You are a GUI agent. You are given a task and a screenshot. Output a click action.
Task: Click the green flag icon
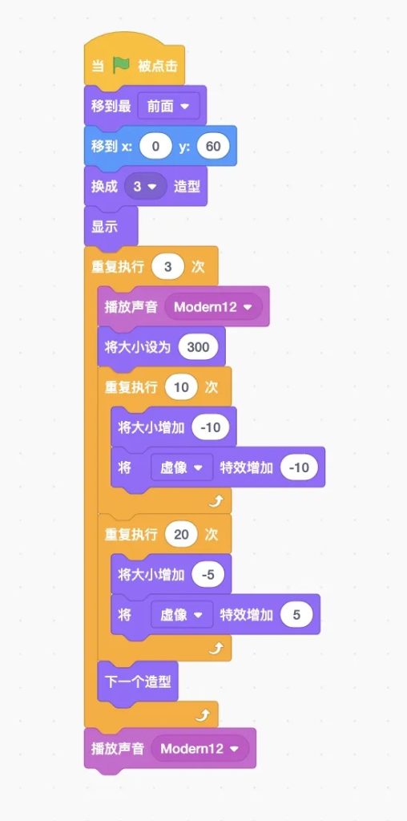pos(121,66)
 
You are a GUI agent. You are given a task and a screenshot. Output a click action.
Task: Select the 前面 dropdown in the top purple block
pos(168,107)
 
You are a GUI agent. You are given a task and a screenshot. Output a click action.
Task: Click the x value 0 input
pos(155,147)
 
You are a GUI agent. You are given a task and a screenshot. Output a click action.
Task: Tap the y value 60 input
pos(213,147)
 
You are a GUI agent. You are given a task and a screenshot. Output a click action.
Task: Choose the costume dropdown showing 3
pos(146,186)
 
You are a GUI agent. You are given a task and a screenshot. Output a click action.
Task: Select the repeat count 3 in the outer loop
pos(167,267)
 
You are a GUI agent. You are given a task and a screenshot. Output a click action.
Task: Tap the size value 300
pos(198,347)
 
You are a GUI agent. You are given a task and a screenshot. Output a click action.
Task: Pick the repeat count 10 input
pos(181,387)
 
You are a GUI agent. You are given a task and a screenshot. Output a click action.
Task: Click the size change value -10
pos(210,427)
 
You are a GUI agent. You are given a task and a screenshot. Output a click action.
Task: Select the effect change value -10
pos(299,467)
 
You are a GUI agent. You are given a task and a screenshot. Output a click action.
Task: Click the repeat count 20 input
pos(181,535)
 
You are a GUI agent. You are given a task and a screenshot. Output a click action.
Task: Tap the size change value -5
pos(208,574)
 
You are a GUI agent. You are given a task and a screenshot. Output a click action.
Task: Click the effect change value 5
pos(296,615)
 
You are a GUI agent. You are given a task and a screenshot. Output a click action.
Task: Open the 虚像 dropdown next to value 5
pos(182,615)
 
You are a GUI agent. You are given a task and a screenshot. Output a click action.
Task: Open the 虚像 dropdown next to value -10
pos(182,467)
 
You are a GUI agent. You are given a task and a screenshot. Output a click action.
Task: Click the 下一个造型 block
pos(138,681)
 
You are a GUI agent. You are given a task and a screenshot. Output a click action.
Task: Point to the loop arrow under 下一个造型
pos(203,716)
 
